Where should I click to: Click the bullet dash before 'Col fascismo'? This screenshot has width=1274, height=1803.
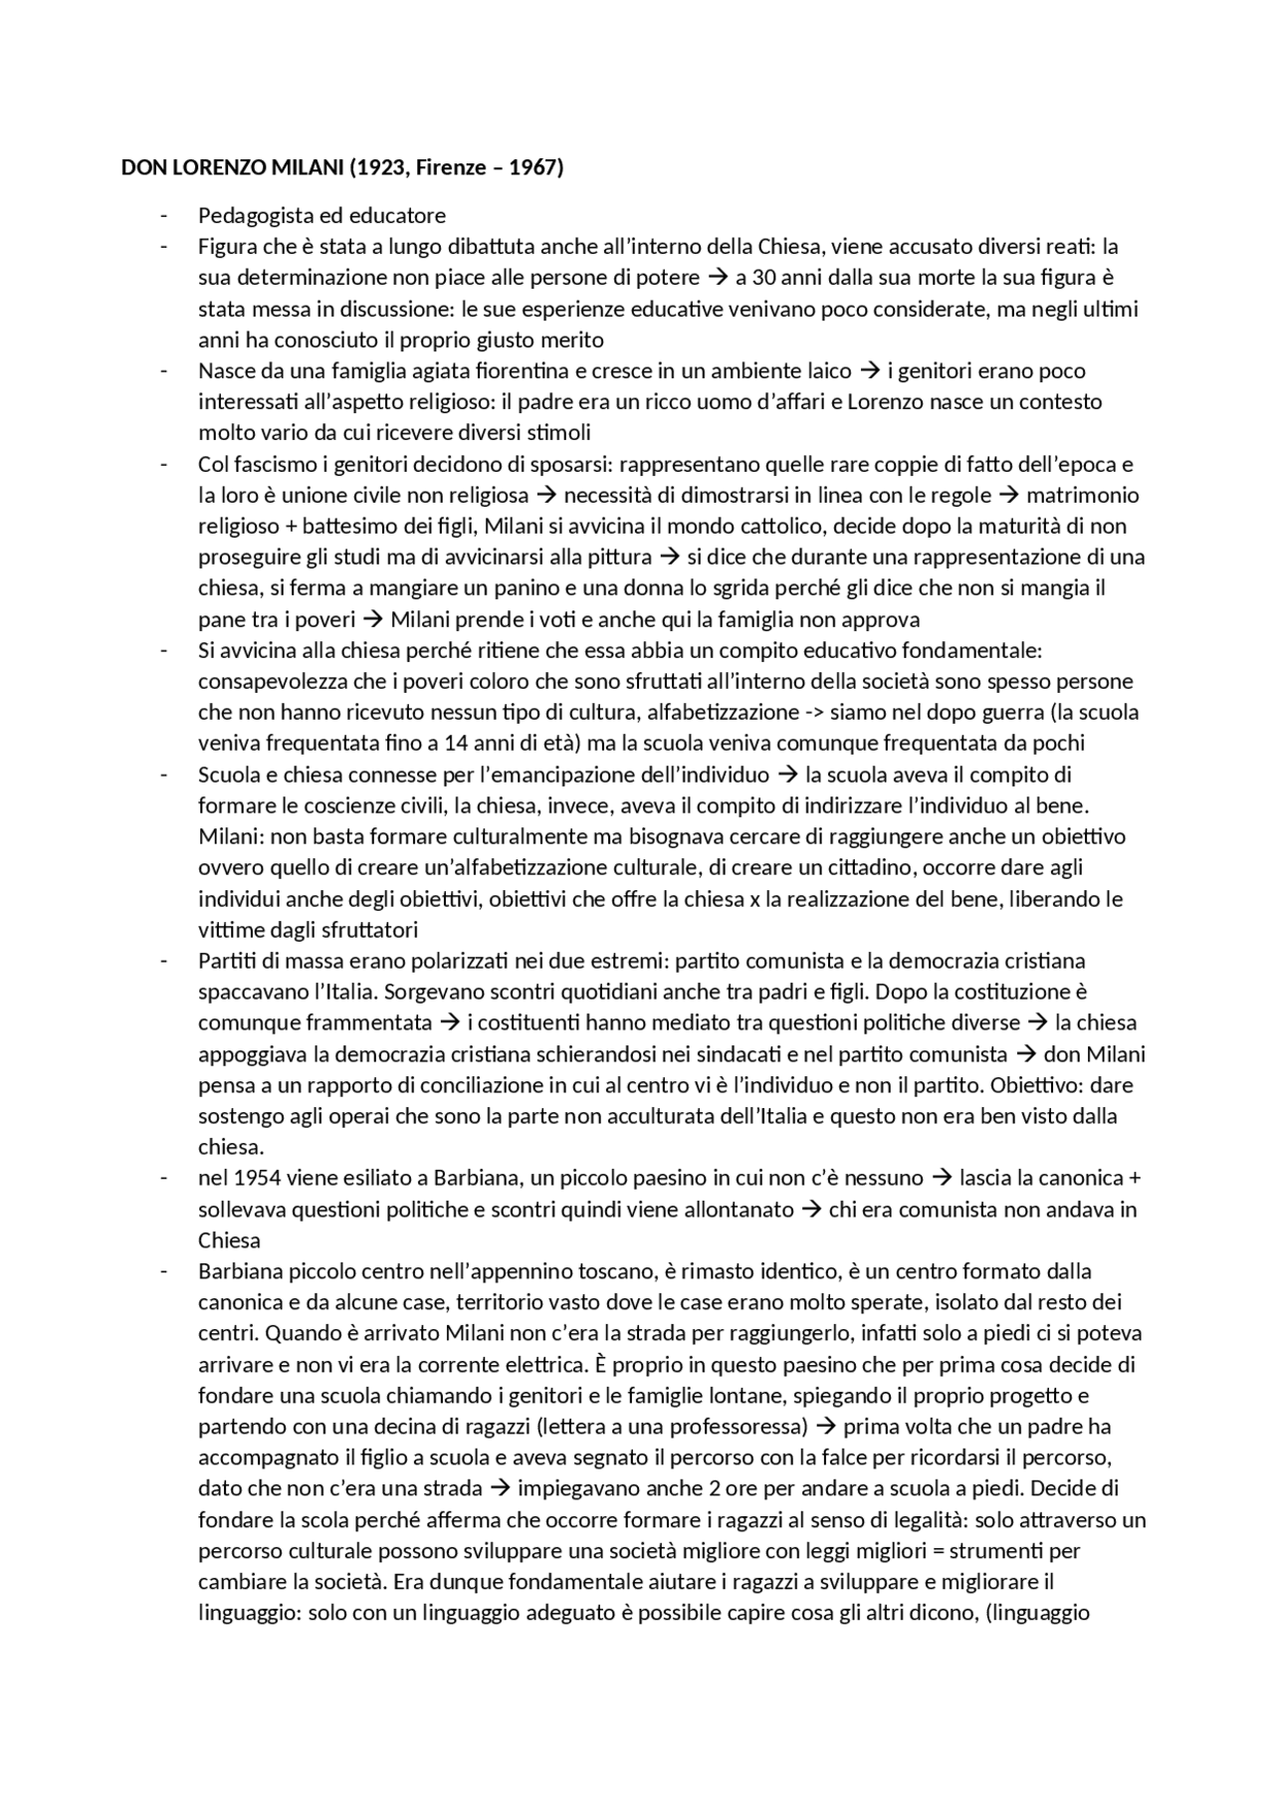pos(164,464)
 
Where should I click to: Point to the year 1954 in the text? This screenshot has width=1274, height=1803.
pos(256,1178)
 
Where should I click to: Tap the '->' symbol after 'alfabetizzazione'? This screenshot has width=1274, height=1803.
pos(817,712)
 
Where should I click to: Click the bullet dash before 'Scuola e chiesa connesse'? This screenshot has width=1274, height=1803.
pos(164,775)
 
